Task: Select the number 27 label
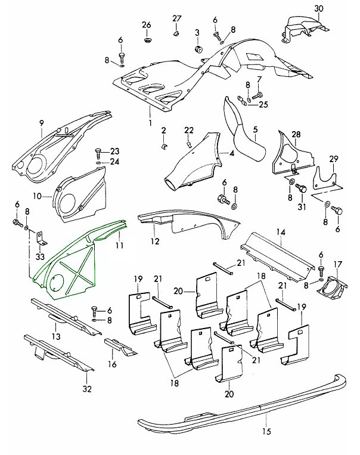click(x=176, y=18)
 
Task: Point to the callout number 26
click(x=147, y=25)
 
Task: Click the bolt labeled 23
click(x=98, y=151)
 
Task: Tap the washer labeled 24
click(x=98, y=162)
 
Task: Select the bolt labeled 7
click(x=257, y=94)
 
